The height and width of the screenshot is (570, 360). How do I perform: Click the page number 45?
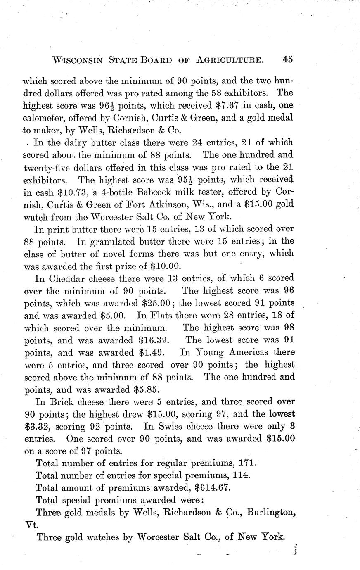[288, 59]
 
